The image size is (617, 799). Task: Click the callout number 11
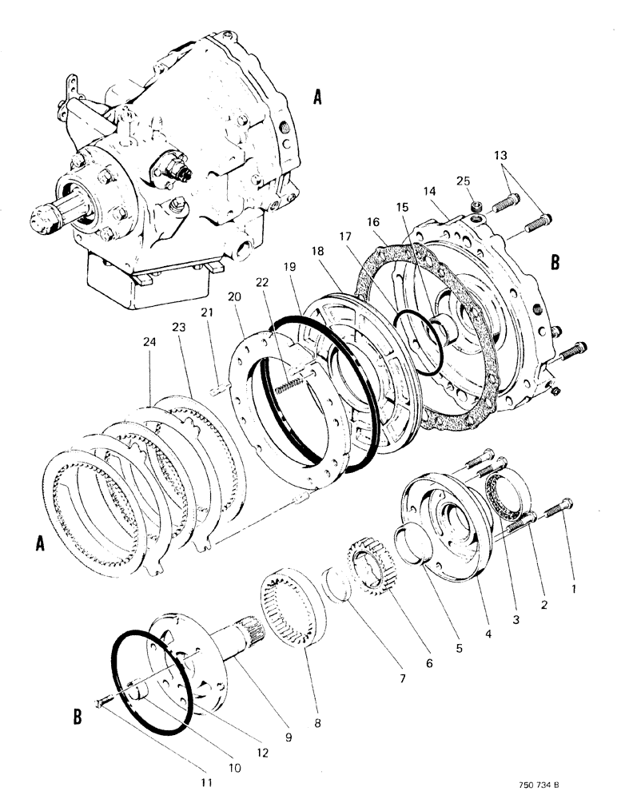tap(206, 782)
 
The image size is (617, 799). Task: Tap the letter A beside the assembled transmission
tap(317, 98)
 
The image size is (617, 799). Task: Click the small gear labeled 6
tap(369, 567)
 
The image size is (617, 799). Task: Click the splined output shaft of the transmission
tap(55, 213)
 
